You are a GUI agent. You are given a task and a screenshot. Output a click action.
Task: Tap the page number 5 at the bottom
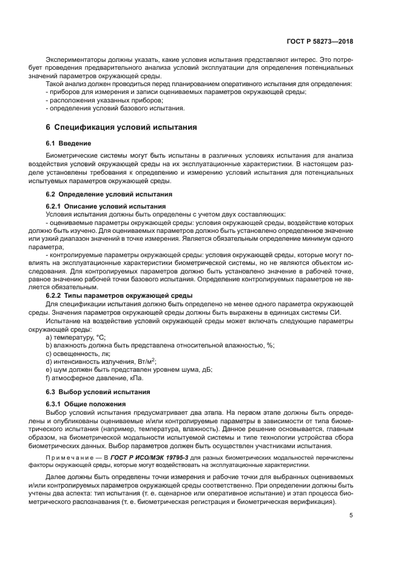click(351, 515)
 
